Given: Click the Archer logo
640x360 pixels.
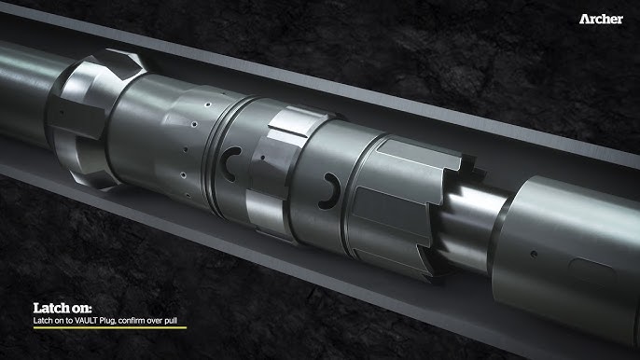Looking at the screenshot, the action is coord(601,19).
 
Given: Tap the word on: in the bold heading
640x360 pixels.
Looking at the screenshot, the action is coord(81,308).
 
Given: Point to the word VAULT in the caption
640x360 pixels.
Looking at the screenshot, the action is coord(86,321).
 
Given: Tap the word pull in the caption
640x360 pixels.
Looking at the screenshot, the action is coord(171,321).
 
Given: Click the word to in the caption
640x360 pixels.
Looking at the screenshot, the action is coord(69,321).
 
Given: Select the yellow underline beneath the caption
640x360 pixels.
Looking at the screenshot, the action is coord(110,327).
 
